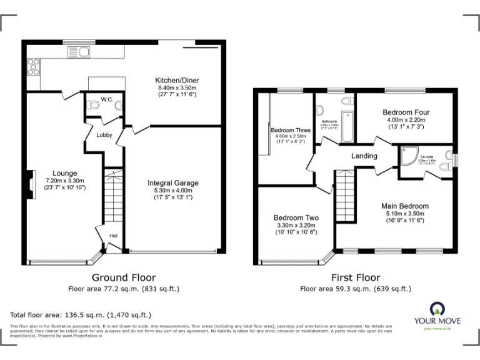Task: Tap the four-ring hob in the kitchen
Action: tap(33, 66)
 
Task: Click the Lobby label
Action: tap(104, 134)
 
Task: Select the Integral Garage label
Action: tap(173, 183)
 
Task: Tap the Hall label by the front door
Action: tap(114, 236)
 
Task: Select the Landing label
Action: tap(364, 156)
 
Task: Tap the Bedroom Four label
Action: tap(406, 112)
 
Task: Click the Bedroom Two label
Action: tap(296, 217)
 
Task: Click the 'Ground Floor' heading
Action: tap(124, 277)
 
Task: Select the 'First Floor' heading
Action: tap(355, 277)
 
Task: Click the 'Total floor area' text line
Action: tap(81, 315)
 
